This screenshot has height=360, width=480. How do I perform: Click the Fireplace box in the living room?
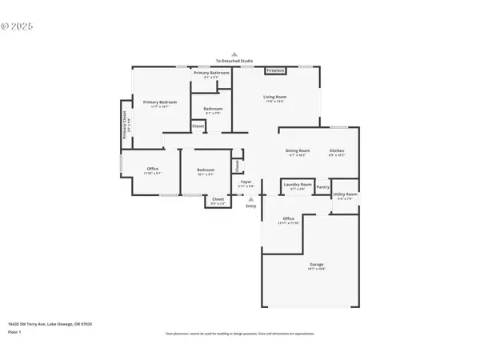pyautogui.click(x=275, y=71)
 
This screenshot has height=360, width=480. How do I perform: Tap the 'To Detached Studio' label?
pyautogui.click(x=234, y=61)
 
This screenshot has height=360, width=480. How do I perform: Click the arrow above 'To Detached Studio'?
pyautogui.click(x=234, y=53)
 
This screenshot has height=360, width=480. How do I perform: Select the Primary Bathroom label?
pyautogui.click(x=211, y=73)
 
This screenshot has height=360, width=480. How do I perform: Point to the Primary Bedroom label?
pyautogui.click(x=160, y=102)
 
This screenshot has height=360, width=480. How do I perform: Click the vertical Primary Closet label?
pyautogui.click(x=125, y=124)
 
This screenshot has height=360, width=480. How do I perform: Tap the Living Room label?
pyautogui.click(x=275, y=98)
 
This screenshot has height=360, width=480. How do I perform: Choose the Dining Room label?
pyautogui.click(x=298, y=151)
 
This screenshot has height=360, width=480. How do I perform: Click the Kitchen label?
pyautogui.click(x=337, y=151)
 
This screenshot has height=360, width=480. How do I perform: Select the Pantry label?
pyautogui.click(x=322, y=187)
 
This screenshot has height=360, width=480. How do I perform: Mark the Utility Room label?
pyautogui.click(x=345, y=194)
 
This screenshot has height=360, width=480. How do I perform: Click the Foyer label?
pyautogui.click(x=246, y=182)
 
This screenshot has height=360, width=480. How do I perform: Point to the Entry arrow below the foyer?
pyautogui.click(x=250, y=199)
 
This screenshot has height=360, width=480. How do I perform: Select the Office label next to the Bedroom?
pyautogui.click(x=152, y=169)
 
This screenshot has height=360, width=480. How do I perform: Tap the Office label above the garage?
pyautogui.click(x=288, y=219)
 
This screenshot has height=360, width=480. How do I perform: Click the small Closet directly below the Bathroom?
pyautogui.click(x=198, y=126)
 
